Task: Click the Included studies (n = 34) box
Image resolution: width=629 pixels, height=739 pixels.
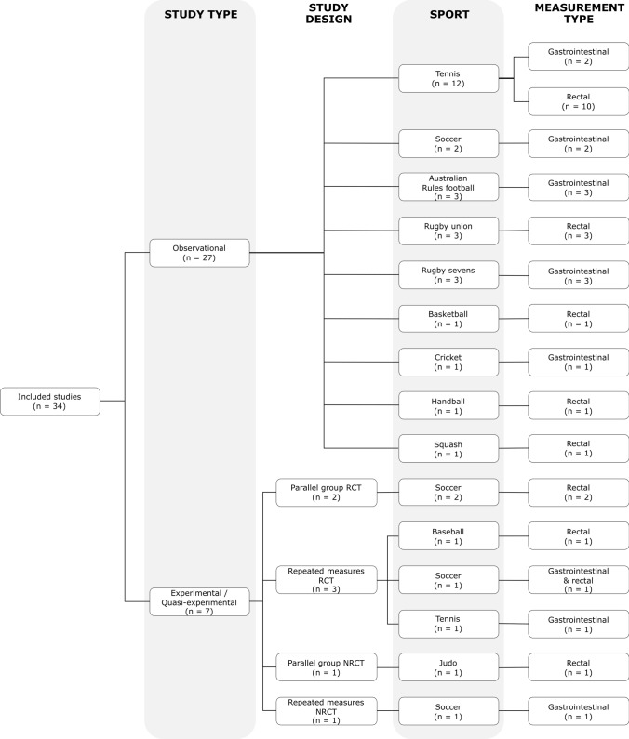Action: pyautogui.click(x=50, y=402)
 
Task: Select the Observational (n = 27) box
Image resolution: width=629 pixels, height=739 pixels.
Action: pyautogui.click(x=200, y=252)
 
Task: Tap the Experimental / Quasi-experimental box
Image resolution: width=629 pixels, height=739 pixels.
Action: pyautogui.click(x=200, y=602)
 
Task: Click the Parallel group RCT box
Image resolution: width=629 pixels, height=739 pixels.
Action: pyautogui.click(x=327, y=493)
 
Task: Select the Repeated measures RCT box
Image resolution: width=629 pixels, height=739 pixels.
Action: pyautogui.click(x=327, y=580)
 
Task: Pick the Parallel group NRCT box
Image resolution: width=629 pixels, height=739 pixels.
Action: pyautogui.click(x=327, y=667)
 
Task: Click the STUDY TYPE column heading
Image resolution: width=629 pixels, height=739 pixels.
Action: pyautogui.click(x=200, y=14)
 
